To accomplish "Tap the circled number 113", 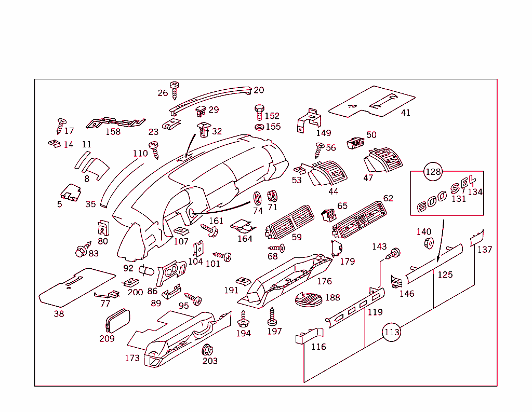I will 392,332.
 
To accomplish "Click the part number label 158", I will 113,132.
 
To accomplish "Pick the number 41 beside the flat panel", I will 405,113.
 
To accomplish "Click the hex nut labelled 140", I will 429,243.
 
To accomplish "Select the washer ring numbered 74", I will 257,198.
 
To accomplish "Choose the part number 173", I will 132,358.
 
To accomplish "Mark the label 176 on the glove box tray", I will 324,281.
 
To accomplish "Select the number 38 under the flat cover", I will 59,314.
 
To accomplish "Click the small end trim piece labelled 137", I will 477,238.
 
